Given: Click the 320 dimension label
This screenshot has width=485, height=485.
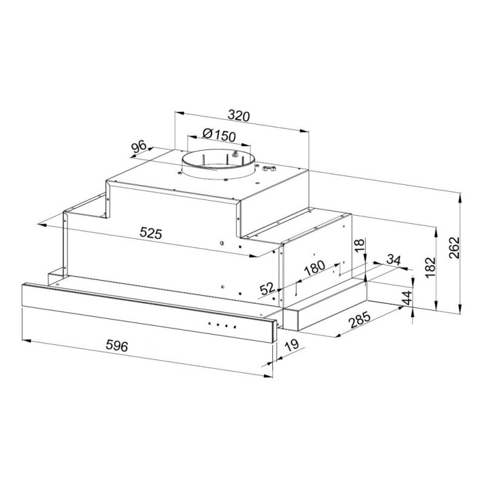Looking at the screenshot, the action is pyautogui.click(x=238, y=116).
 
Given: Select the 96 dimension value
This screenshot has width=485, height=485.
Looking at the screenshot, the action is pyautogui.click(x=139, y=147).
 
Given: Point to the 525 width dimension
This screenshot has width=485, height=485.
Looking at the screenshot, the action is pyautogui.click(x=150, y=233).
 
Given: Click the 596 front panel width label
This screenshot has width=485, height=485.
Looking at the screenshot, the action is pyautogui.click(x=116, y=346).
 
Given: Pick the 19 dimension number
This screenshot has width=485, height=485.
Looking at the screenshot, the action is pyautogui.click(x=292, y=345).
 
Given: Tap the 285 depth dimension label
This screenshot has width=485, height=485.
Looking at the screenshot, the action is pyautogui.click(x=360, y=320).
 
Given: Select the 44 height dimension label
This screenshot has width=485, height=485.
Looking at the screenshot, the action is pyautogui.click(x=407, y=298).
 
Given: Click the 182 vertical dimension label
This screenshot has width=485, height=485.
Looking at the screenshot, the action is pyautogui.click(x=430, y=267).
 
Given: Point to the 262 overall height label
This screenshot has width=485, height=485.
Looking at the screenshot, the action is pyautogui.click(x=454, y=248).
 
